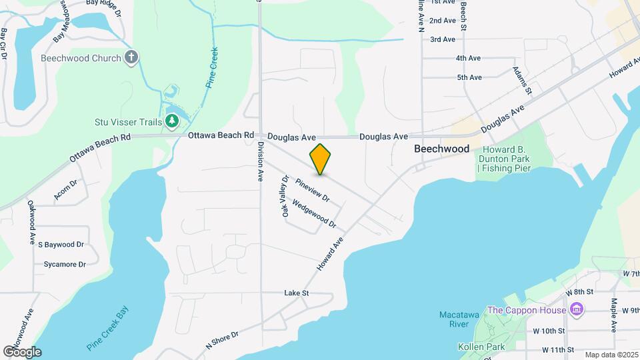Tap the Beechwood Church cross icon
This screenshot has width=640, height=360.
point(132,57)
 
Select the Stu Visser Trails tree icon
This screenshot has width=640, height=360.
point(172,121)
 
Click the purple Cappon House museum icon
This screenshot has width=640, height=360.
point(577,310)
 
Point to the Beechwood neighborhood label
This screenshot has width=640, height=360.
point(441,149)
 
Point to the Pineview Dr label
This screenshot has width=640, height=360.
point(313,189)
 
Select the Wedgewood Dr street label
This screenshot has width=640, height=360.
point(314,215)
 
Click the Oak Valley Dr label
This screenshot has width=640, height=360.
point(285,196)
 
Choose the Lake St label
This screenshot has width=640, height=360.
point(297,293)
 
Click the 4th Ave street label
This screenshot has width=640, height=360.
point(469,59)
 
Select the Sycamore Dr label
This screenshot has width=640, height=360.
point(65,265)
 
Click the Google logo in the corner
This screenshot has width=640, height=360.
point(22,351)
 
